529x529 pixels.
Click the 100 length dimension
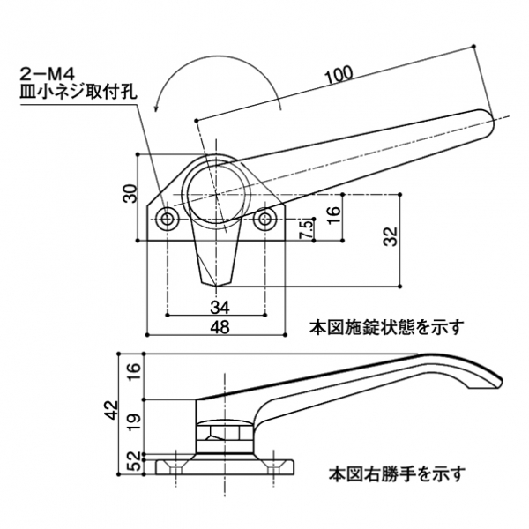click(337, 76)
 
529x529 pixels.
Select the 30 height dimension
click(129, 197)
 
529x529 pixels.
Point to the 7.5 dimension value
click(303, 227)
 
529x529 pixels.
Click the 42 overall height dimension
click(110, 411)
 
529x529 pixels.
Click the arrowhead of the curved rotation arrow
click(157, 106)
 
